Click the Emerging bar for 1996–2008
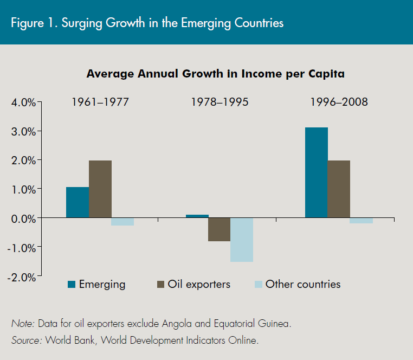click(317, 172)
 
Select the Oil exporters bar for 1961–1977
click(100, 189)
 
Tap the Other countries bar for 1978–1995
click(242, 240)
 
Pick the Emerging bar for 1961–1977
click(78, 202)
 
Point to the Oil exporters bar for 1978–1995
click(220, 229)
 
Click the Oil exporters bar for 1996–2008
click(339, 189)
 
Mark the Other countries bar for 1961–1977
click(122, 221)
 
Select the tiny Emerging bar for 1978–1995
click(197, 216)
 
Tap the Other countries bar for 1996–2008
click(361, 220)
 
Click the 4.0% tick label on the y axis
click(22, 102)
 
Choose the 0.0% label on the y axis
click(22, 218)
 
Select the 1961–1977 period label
click(100, 102)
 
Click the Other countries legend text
click(302, 284)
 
